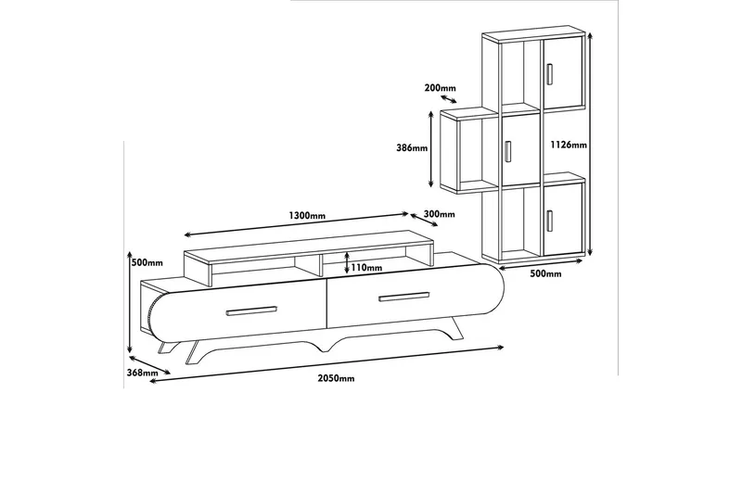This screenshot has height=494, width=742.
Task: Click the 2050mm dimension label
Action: click(335, 378)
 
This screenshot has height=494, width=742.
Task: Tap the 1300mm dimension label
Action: click(307, 215)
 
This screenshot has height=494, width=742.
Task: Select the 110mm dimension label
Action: click(367, 268)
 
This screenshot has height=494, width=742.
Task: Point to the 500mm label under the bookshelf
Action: click(546, 274)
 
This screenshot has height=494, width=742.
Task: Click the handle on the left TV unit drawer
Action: click(252, 310)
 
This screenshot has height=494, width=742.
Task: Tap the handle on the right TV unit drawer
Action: click(403, 297)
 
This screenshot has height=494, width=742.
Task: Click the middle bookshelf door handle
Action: click(508, 150)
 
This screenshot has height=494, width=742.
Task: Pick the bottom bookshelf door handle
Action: click(550, 221)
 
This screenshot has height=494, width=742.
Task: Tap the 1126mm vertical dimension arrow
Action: click(590, 144)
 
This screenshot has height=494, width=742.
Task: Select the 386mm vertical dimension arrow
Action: click(431, 147)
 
